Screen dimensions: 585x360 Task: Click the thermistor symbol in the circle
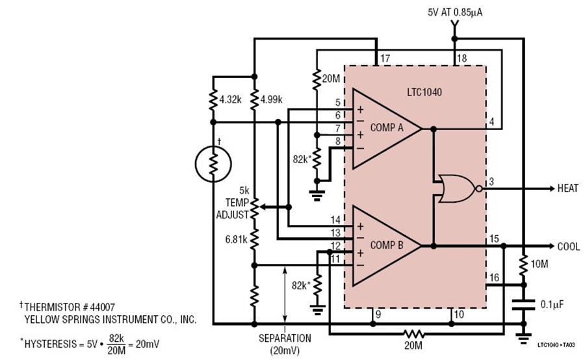213,164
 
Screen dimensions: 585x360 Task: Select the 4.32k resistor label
231,99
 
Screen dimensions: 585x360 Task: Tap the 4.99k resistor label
271,99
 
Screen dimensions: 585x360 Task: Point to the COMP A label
387,127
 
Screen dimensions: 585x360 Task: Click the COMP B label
387,245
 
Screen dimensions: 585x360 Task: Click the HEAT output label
568,188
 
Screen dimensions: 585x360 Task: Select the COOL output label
569,246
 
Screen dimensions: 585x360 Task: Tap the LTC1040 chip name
424,92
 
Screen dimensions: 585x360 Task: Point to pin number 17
385,58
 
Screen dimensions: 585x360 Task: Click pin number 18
462,58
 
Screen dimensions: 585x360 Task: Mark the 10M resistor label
539,264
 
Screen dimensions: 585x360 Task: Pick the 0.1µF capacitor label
552,304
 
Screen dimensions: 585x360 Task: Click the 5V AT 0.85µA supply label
455,12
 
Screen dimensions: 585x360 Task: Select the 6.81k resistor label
236,239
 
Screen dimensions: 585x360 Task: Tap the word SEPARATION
285,339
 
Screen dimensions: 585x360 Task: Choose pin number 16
494,277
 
